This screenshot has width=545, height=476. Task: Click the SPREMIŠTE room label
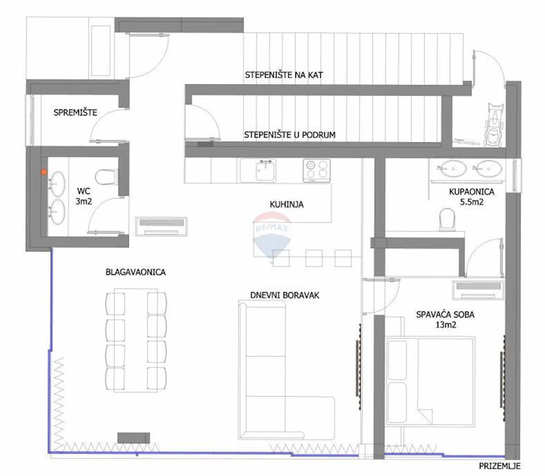click(75, 112)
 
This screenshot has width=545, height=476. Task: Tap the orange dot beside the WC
click(44, 172)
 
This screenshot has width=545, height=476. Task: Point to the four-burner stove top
click(317, 170)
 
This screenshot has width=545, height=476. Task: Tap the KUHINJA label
click(287, 204)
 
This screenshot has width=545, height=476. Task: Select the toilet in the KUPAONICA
click(447, 219)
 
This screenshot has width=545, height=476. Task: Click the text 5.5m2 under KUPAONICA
click(471, 202)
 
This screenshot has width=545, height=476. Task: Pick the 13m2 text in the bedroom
click(446, 324)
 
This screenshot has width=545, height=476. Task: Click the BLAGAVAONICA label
click(136, 272)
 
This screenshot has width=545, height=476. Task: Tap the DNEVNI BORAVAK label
click(284, 295)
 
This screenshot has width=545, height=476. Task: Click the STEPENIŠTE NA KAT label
click(284, 75)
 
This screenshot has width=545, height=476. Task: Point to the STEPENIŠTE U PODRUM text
click(290, 135)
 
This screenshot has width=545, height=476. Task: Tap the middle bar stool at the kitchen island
click(314, 258)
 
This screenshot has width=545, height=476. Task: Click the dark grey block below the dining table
click(134, 438)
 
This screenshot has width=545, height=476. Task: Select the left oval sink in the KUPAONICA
click(453, 168)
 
